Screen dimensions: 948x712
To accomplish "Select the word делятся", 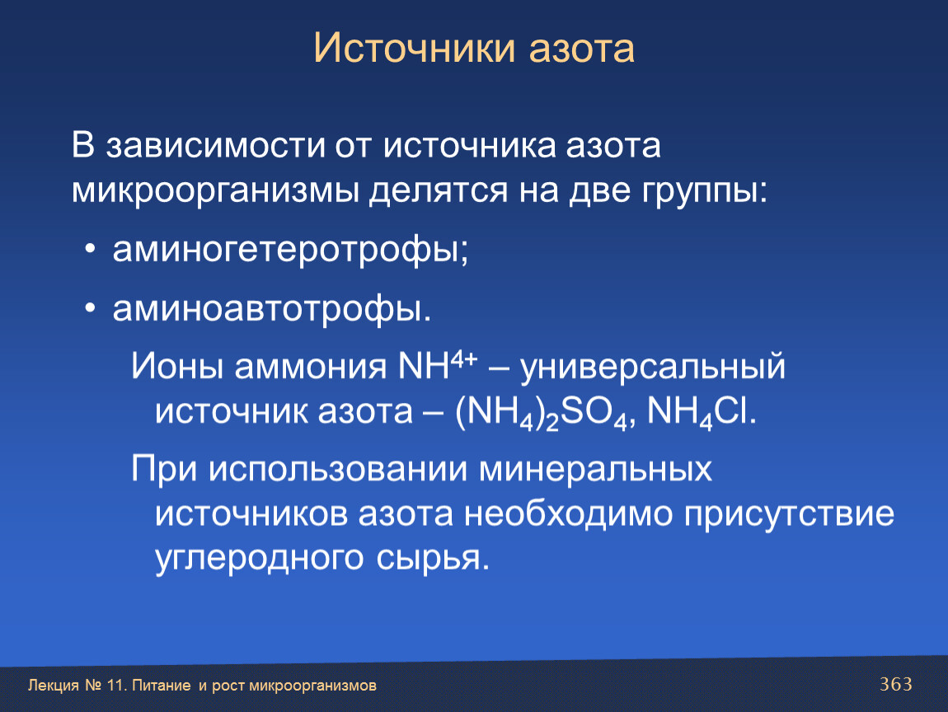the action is pos(439,191).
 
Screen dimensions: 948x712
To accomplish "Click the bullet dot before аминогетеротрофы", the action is pos(90,249).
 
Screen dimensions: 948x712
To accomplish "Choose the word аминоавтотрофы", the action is pos(272,310).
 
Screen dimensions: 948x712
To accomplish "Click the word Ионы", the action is pos(177,367).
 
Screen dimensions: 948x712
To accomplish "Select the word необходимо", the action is pos(568,513).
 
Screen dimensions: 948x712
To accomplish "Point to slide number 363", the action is pos(896,684).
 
